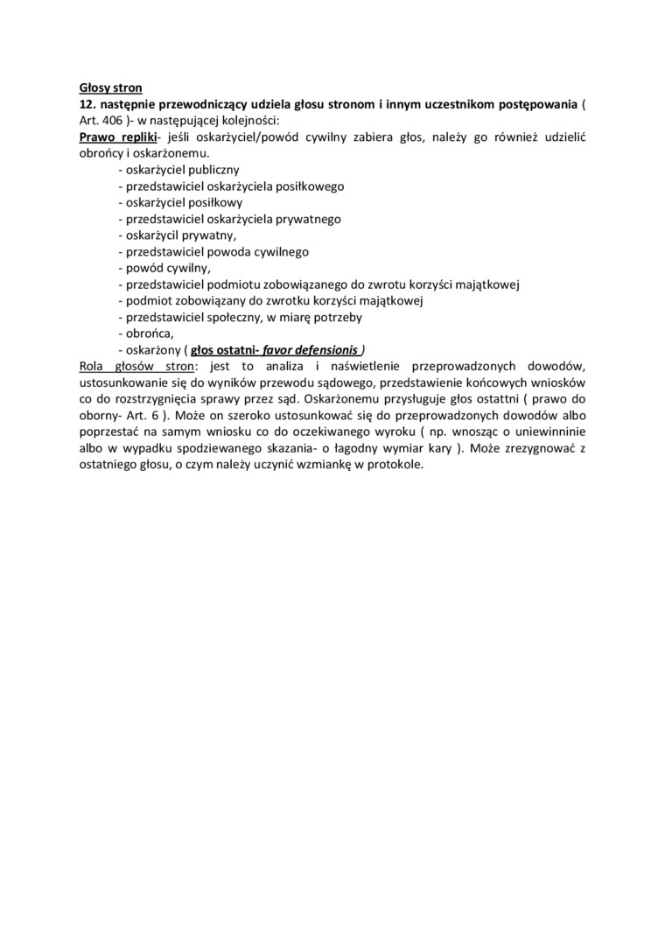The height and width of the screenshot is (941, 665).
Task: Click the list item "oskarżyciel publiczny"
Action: point(178,170)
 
